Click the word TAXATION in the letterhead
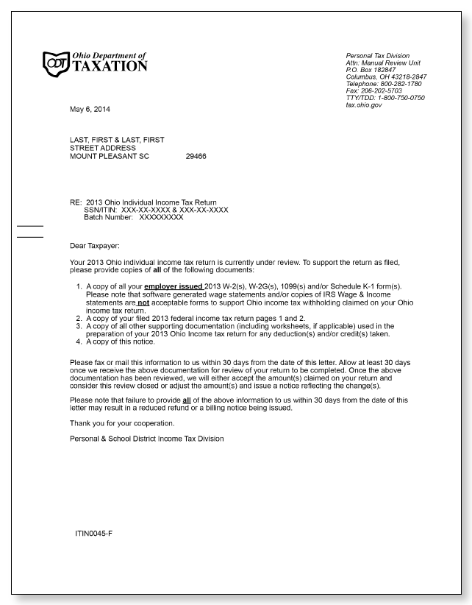pyautogui.click(x=110, y=66)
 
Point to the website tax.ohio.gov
pyautogui.click(x=364, y=105)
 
